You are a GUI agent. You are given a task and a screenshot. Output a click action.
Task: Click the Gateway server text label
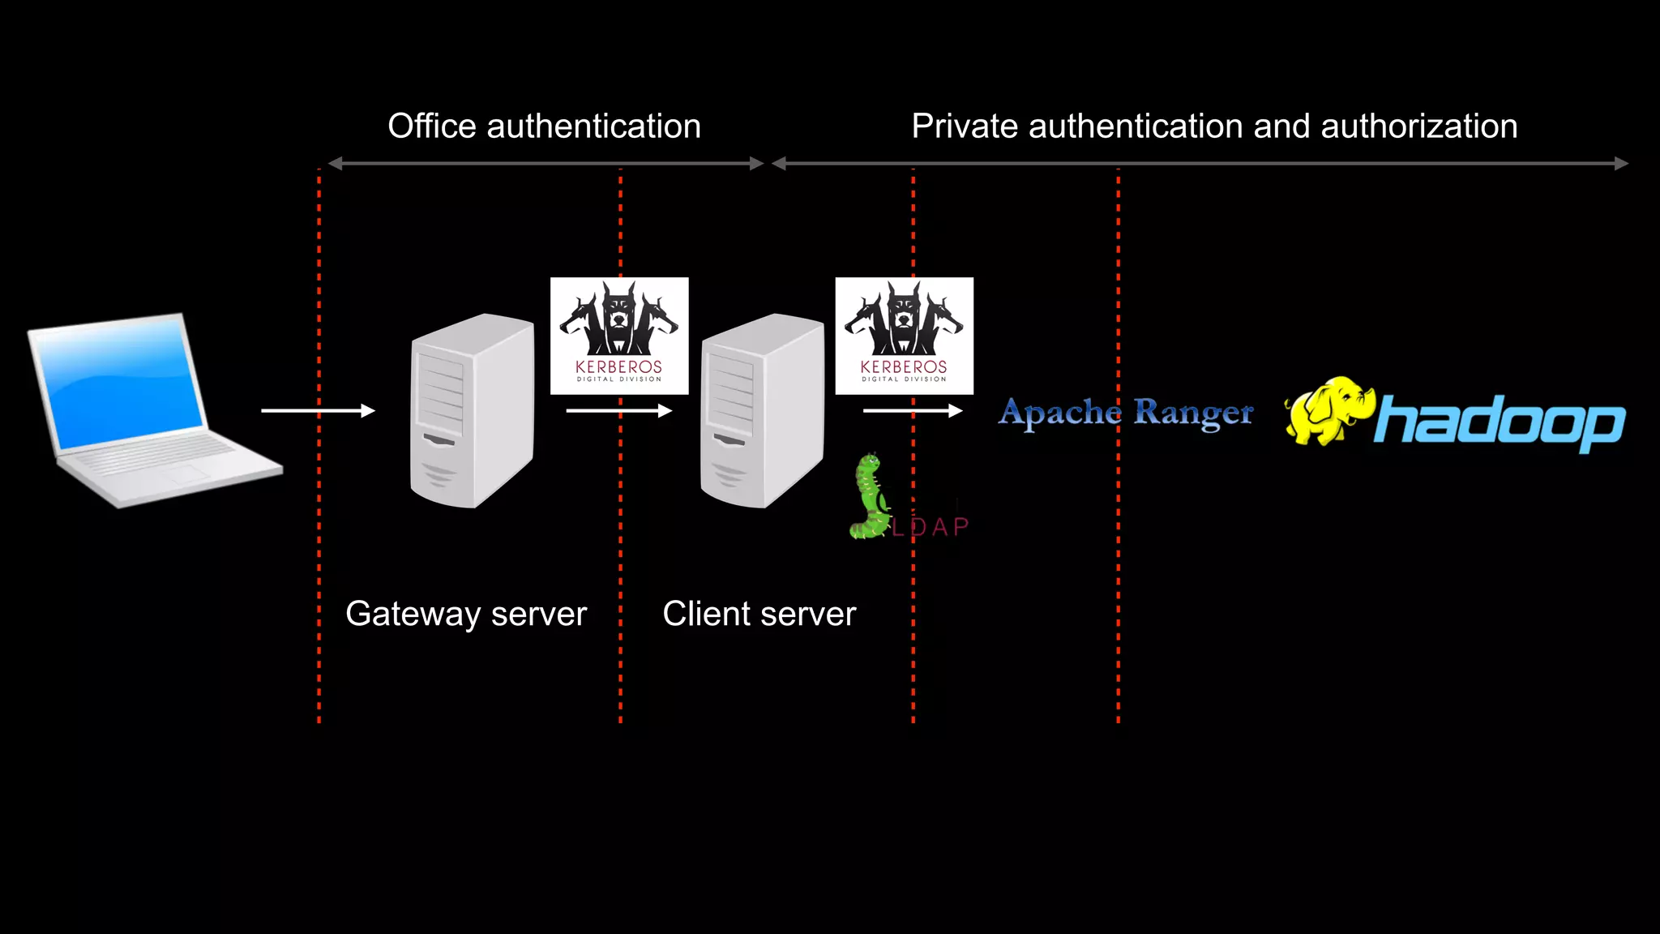(465, 614)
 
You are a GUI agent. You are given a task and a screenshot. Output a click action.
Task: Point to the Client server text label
(759, 614)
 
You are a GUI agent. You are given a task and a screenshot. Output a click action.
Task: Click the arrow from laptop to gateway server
(318, 411)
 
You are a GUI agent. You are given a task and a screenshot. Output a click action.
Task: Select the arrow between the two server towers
(618, 411)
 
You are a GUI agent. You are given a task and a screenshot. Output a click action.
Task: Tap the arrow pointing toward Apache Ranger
(912, 411)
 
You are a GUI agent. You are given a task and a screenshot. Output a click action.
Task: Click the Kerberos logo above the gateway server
(619, 336)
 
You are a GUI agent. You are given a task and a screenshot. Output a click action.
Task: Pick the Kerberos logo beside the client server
(904, 336)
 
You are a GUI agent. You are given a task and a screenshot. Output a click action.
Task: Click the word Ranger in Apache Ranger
(1192, 413)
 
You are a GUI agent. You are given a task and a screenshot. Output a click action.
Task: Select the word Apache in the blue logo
(1059, 413)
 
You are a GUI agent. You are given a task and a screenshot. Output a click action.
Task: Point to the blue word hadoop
(1500, 422)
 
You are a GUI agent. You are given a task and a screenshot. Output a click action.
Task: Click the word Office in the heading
(431, 126)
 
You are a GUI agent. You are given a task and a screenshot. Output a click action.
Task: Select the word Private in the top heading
(964, 126)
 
